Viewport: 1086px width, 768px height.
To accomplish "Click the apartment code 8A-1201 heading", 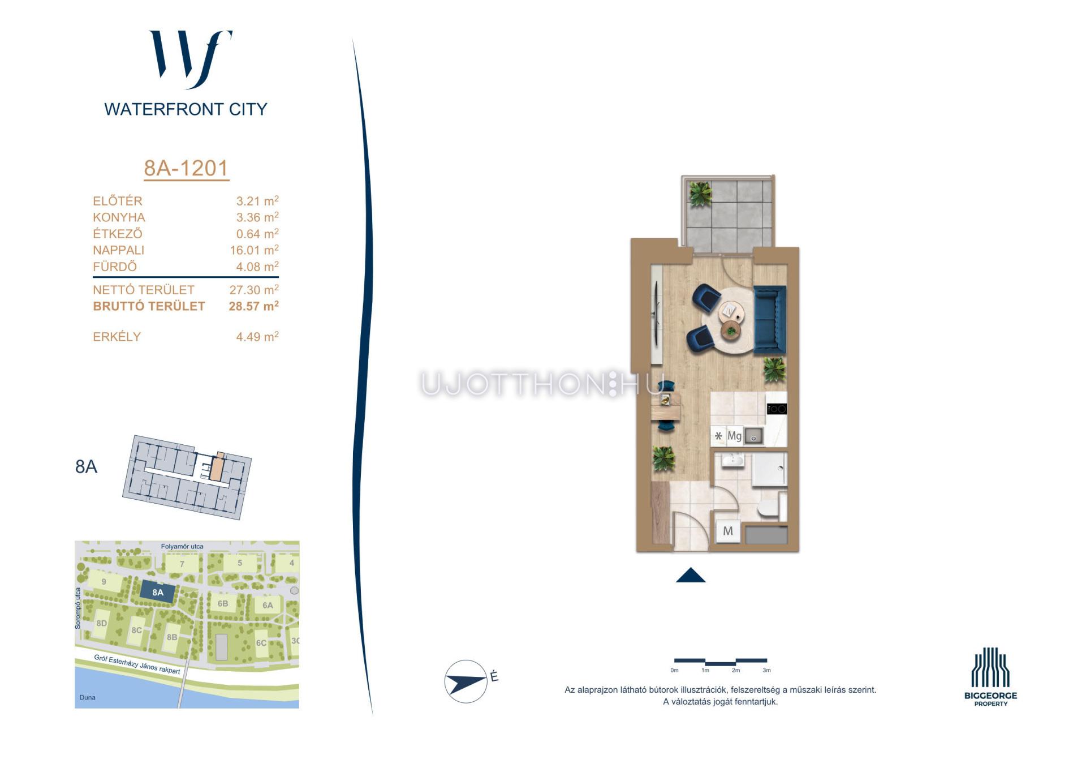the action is [186, 168].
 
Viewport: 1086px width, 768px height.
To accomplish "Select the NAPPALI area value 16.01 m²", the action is [254, 250].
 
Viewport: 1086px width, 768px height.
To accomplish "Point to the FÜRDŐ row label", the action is [115, 267].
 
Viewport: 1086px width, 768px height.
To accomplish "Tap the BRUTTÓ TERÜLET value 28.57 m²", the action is [253, 306].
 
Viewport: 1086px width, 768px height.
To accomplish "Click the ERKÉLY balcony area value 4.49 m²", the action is [257, 337].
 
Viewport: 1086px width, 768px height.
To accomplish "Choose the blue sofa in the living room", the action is [770, 320].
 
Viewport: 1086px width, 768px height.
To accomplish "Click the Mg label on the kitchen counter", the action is [734, 436].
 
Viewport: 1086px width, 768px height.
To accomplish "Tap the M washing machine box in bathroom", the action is [728, 531].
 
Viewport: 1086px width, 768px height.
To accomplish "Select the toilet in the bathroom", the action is [770, 508].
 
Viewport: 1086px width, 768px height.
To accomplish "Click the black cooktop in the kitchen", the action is [777, 409].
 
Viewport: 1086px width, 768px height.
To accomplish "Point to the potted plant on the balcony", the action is [700, 194].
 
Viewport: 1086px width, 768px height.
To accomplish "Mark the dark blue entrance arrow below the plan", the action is [691, 575].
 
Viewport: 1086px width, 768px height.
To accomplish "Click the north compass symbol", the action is [466, 681].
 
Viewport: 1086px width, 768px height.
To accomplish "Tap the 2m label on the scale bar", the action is [736, 670].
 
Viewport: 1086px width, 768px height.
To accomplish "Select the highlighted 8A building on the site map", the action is [158, 593].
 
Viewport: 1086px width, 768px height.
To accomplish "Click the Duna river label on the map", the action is [88, 697].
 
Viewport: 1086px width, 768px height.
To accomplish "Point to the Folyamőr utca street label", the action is [182, 546].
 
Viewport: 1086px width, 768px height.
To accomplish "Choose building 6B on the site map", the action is [223, 603].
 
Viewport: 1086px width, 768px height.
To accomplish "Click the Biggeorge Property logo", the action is [990, 677].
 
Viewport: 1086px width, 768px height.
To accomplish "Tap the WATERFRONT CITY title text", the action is [186, 109].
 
